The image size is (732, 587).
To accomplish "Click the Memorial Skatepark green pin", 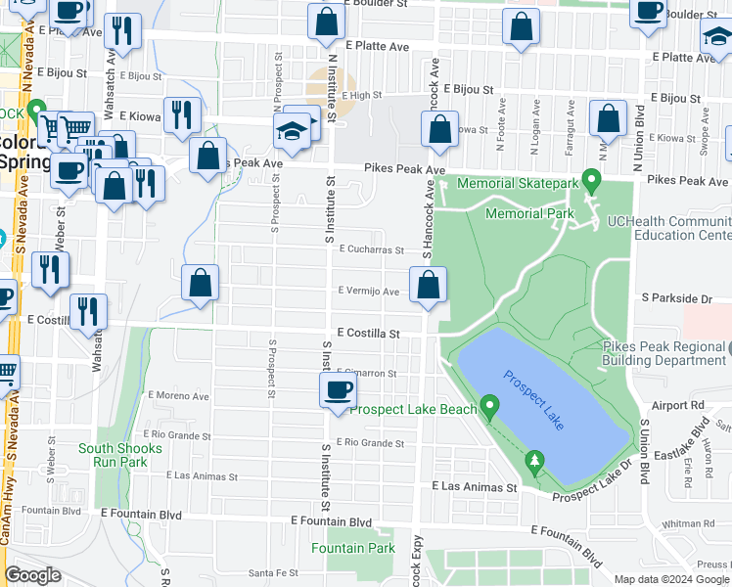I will click(x=591, y=180).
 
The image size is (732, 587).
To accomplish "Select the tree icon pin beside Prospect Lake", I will click(x=534, y=461).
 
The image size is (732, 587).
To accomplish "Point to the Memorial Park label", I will click(x=528, y=213).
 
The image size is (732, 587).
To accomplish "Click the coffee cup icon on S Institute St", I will click(x=339, y=391).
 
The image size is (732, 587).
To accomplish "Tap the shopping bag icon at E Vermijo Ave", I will click(x=428, y=286).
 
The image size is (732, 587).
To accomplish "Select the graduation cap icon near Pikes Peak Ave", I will click(x=292, y=130).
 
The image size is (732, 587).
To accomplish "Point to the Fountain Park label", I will click(x=353, y=548).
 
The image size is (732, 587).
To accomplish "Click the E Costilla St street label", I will click(x=368, y=334).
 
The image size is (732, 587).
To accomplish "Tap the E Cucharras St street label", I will click(x=371, y=249).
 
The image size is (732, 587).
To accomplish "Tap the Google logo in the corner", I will click(x=33, y=575).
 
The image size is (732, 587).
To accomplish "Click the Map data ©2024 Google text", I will click(x=671, y=579).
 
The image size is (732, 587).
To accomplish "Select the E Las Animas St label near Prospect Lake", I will click(x=474, y=486).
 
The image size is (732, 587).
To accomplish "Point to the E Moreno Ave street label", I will click(x=178, y=396).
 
